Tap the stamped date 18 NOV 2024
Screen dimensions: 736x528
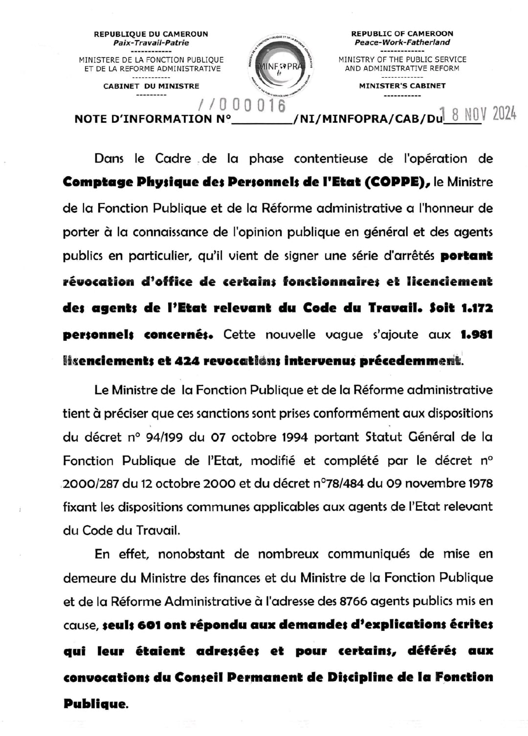pyautogui.click(x=478, y=113)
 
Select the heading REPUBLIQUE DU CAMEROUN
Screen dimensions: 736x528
pyautogui.click(x=151, y=34)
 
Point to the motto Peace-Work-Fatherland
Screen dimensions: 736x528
pyautogui.click(x=402, y=43)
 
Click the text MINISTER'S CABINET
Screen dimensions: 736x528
pyautogui.click(x=402, y=86)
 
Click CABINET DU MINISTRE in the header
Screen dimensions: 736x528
pyautogui.click(x=151, y=86)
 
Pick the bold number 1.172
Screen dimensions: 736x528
pyautogui.click(x=477, y=308)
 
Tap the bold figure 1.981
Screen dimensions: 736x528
pyautogui.click(x=476, y=335)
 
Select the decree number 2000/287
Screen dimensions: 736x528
pyautogui.click(x=91, y=484)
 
